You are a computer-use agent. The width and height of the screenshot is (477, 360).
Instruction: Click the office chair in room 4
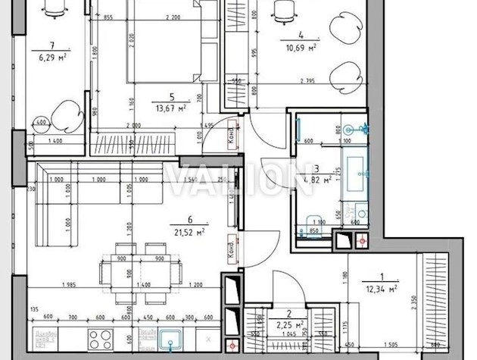coord(284,9)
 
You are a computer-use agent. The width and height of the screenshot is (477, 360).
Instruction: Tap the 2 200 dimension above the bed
coord(171,17)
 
